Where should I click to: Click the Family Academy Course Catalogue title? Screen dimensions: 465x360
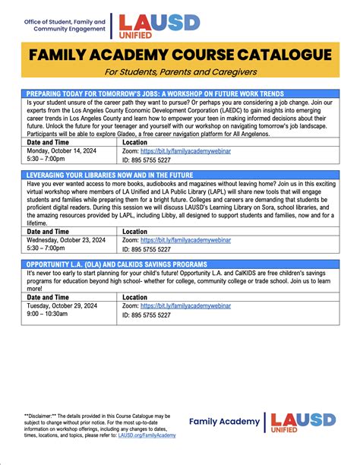180,55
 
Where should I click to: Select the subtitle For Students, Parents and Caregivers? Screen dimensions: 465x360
180,72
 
